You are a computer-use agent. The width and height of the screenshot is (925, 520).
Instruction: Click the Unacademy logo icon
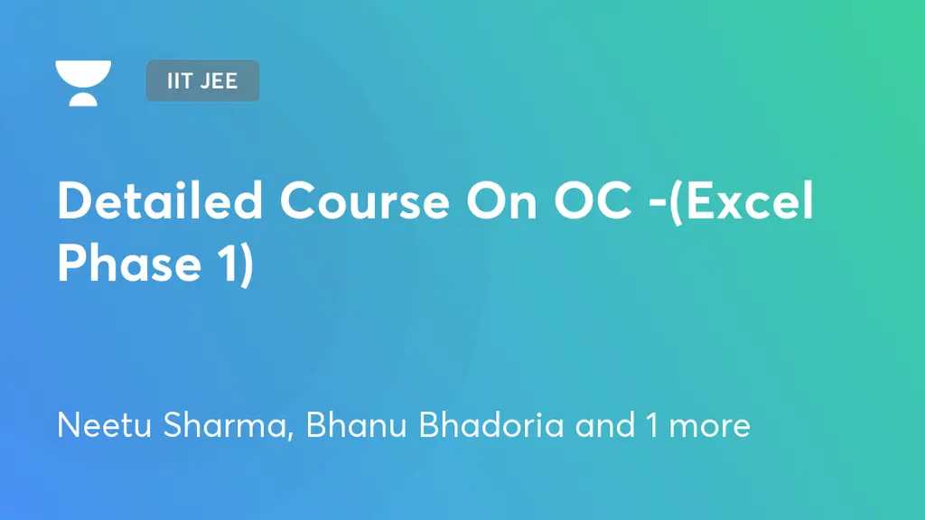[83, 83]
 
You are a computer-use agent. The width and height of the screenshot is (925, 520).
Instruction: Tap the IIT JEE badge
[202, 80]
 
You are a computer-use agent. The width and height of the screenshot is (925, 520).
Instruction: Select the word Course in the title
[364, 203]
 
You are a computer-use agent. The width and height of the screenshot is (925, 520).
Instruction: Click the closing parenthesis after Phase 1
[247, 265]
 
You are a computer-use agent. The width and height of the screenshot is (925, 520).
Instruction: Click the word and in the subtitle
[605, 425]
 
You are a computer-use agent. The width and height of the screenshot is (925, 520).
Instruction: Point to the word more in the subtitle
[709, 425]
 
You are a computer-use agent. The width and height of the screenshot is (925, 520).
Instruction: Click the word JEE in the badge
[219, 80]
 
